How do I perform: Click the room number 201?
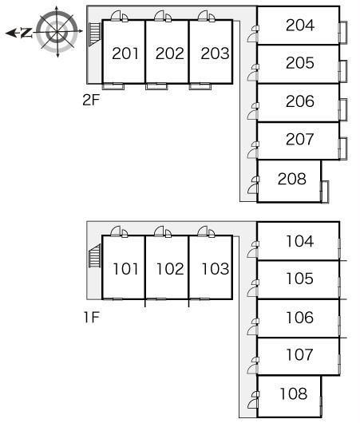tap(125, 53)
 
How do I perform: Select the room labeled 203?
tap(215, 53)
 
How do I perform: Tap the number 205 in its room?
tap(300, 63)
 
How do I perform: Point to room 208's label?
tap(292, 179)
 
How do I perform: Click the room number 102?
tap(170, 269)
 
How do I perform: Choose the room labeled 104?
tap(300, 241)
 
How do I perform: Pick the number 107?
tap(300, 354)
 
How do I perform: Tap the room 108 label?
tap(294, 393)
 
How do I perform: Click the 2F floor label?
tap(91, 100)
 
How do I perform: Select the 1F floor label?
tap(92, 317)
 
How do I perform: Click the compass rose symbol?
tap(57, 32)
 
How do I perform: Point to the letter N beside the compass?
tap(26, 33)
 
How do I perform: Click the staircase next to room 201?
tap(95, 34)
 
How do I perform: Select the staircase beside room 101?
tap(95, 255)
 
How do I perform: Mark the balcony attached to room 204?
tap(343, 33)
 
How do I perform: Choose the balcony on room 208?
tap(325, 192)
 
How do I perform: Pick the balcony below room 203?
tap(200, 86)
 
